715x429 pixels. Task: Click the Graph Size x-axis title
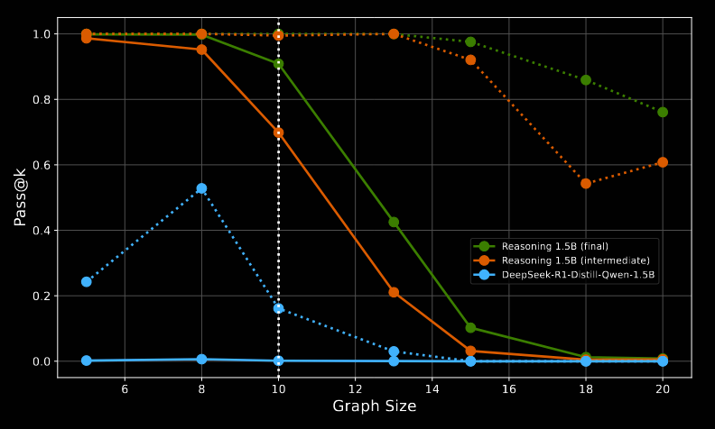(374, 406)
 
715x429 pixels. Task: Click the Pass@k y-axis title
(20, 196)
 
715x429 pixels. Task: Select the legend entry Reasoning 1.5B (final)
(554, 246)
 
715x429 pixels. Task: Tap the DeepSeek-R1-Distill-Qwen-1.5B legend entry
(578, 275)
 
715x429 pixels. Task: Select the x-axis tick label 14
(432, 389)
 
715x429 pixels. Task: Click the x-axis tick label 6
(125, 389)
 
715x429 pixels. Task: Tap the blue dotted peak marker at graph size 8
(201, 189)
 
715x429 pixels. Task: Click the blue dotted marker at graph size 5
(87, 282)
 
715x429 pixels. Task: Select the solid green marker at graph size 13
(394, 222)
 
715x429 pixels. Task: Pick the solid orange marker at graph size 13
(394, 293)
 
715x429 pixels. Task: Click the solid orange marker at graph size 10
(278, 132)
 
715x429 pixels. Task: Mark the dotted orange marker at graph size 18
(586, 184)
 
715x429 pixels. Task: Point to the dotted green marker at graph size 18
(586, 80)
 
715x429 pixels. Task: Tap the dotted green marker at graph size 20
(663, 113)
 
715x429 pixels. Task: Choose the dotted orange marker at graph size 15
(470, 60)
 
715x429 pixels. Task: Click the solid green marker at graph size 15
(470, 328)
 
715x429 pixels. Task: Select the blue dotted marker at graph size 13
(394, 351)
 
